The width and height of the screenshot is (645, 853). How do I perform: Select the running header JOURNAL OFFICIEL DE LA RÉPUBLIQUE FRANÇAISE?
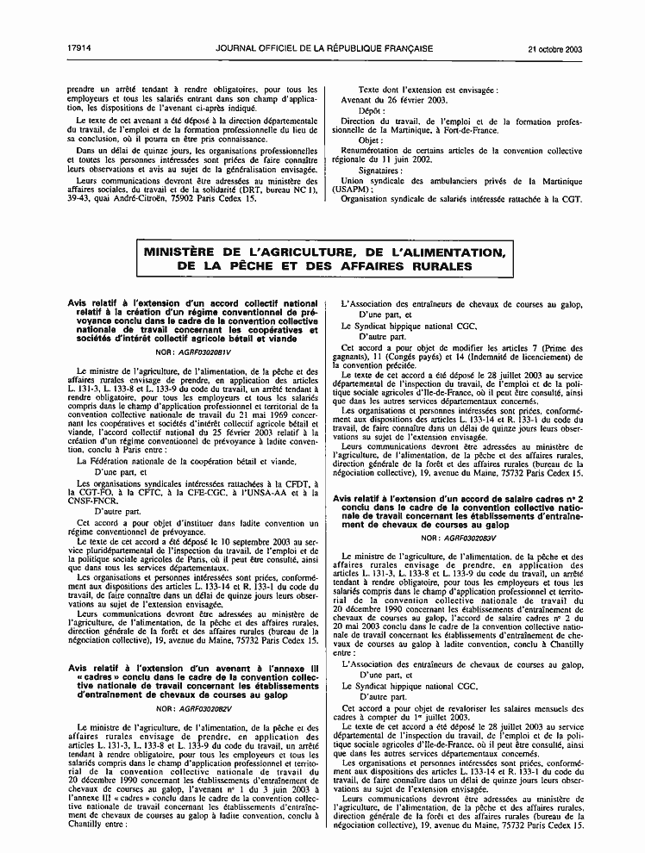point(324,49)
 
